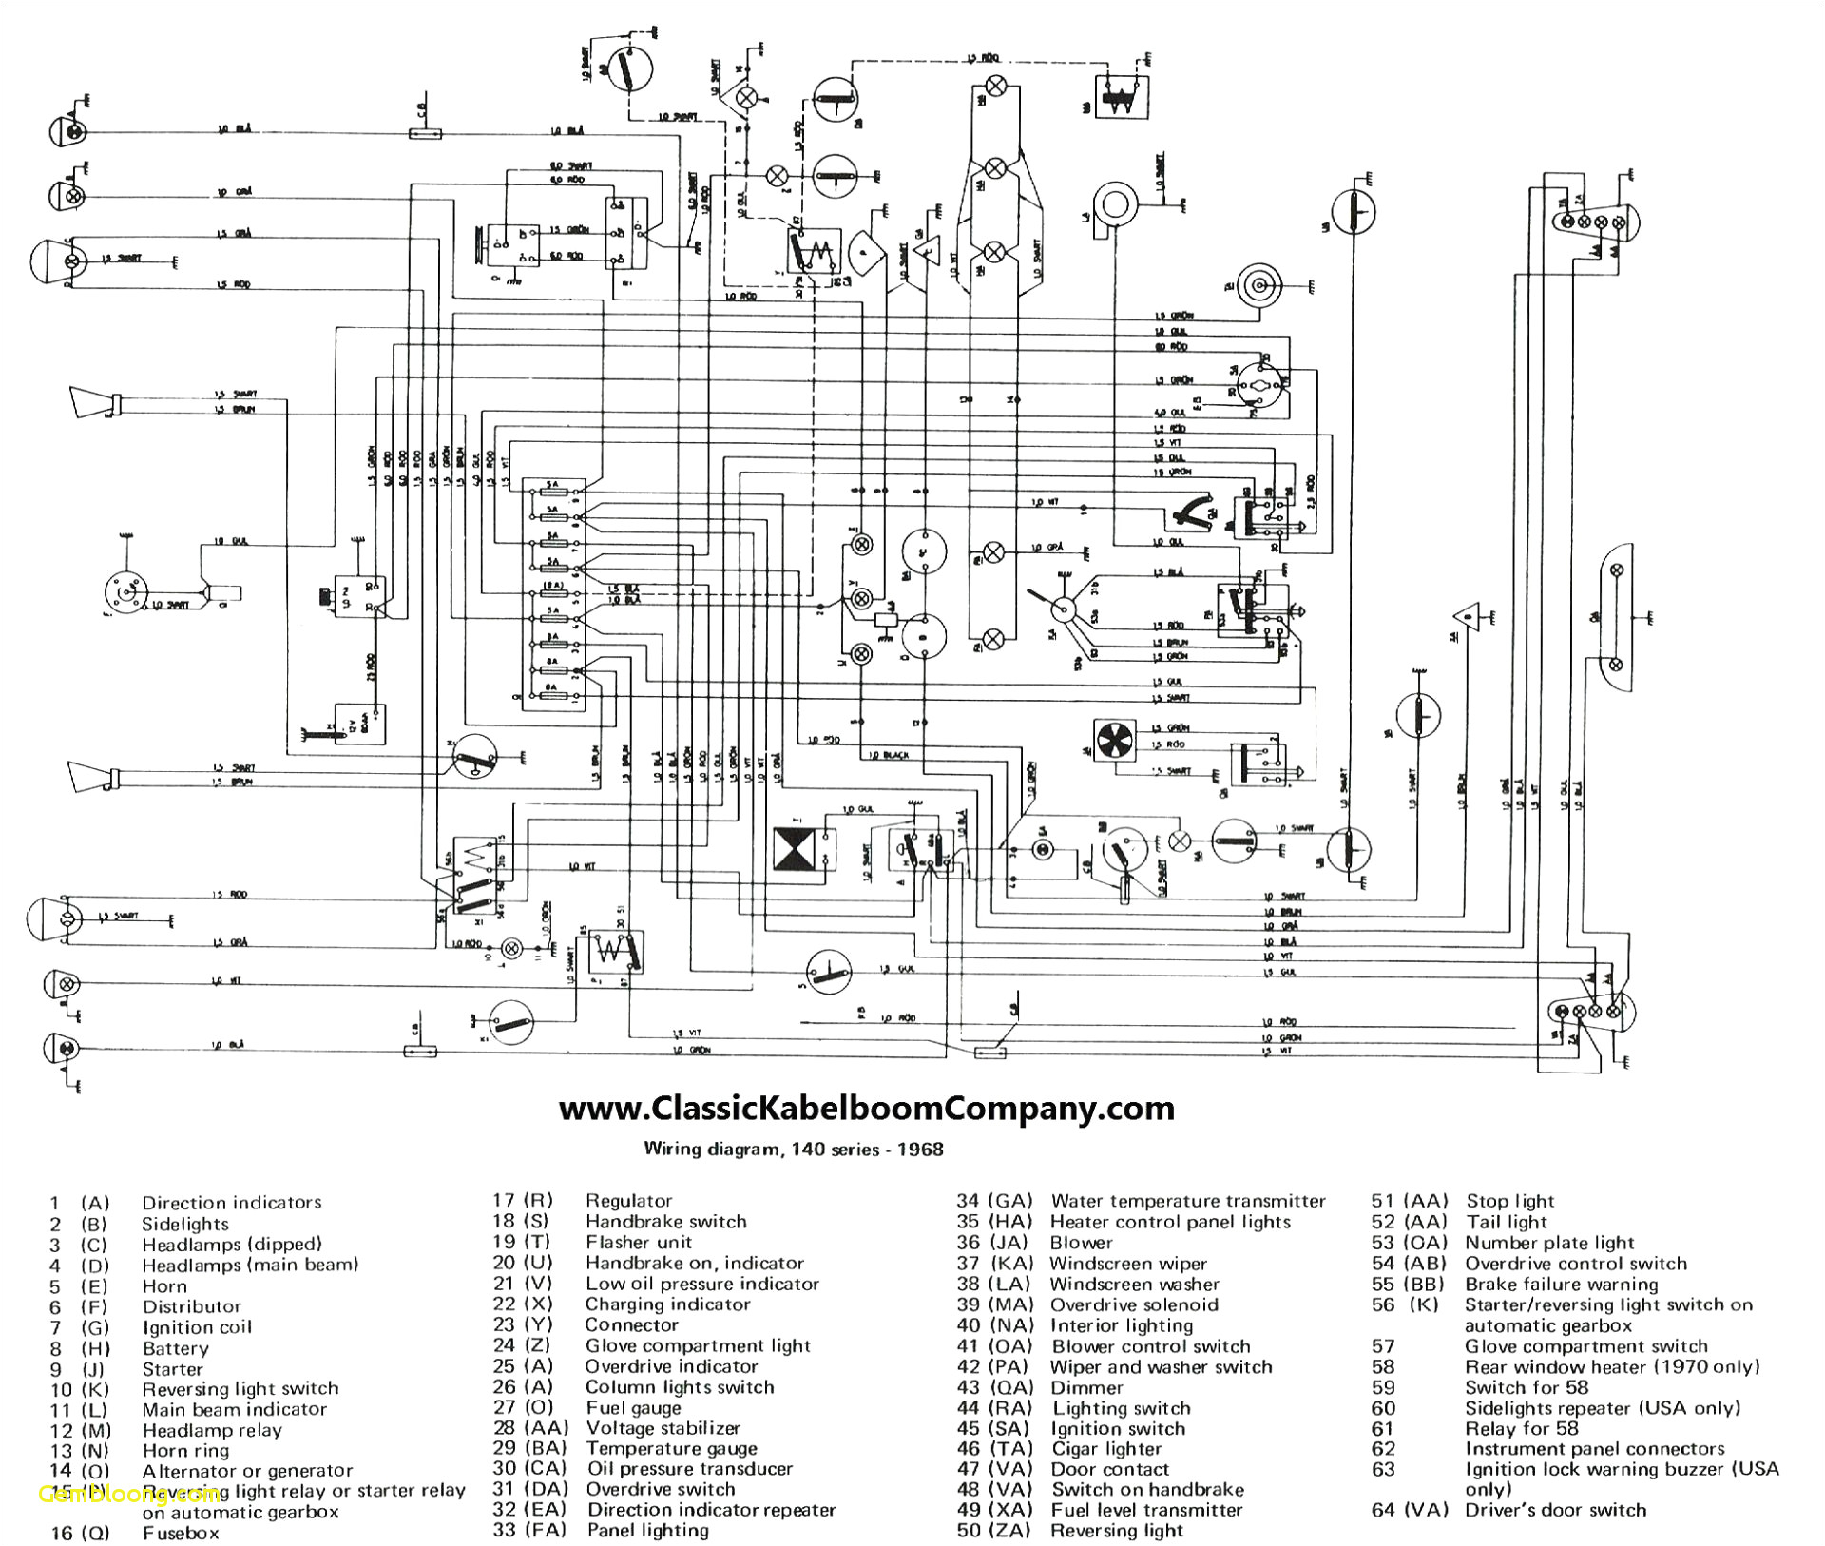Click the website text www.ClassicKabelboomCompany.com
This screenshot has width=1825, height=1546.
coord(866,1109)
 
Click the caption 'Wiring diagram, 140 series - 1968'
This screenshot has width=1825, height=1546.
coord(794,1149)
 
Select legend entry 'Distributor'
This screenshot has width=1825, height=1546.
coord(191,1306)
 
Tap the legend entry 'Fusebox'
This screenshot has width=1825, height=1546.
coord(181,1533)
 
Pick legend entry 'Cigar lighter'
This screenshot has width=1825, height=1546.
coord(1106,1449)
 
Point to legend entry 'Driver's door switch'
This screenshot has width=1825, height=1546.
coord(1555,1510)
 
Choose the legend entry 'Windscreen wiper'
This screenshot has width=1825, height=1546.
coord(1127,1264)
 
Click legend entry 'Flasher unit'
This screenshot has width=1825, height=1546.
coord(639,1242)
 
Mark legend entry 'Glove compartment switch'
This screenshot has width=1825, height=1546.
coord(1585,1346)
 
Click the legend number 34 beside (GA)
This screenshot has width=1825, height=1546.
coord(968,1201)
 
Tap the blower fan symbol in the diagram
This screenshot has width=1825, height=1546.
coord(1114,739)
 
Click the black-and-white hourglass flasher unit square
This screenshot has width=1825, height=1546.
coord(793,848)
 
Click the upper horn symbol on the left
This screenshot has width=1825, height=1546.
coord(92,402)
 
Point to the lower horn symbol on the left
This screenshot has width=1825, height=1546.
coord(92,776)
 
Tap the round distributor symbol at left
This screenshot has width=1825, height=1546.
coord(126,592)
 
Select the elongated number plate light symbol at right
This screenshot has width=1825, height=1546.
coord(1617,618)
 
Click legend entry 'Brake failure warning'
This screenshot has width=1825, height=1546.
coord(1561,1285)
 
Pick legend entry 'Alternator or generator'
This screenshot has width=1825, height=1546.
coord(247,1471)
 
